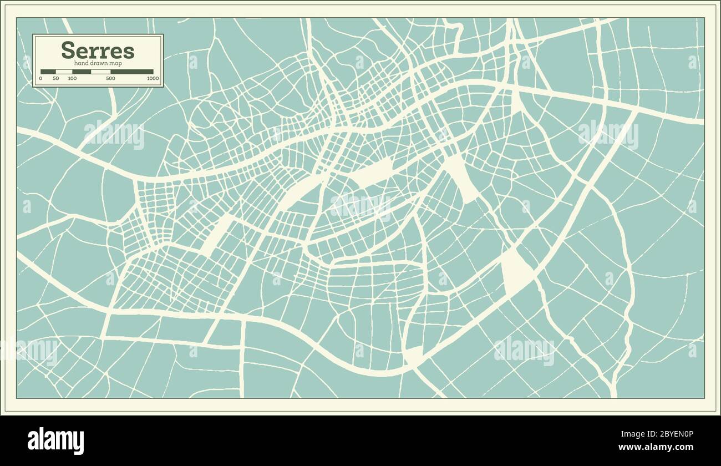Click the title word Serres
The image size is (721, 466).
pyautogui.click(x=98, y=50)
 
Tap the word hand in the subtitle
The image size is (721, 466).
pyautogui.click(x=80, y=63)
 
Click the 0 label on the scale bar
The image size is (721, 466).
pyautogui.click(x=40, y=79)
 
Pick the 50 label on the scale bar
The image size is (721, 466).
pyautogui.click(x=55, y=79)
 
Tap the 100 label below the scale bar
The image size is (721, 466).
pyautogui.click(x=72, y=79)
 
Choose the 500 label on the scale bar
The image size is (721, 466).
pyautogui.click(x=110, y=79)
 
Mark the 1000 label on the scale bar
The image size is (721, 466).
pyautogui.click(x=153, y=79)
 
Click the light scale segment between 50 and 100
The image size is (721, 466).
pyautogui.click(x=64, y=72)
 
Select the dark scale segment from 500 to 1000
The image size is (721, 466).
pyautogui.click(x=131, y=72)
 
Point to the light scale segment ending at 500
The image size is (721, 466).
pyautogui.click(x=100, y=72)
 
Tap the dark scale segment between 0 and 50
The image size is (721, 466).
pyautogui.click(x=48, y=72)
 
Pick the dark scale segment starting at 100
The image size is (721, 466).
pyautogui.click(x=82, y=72)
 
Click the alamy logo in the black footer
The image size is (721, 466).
pyautogui.click(x=55, y=441)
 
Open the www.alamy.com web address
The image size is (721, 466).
pyautogui.click(x=656, y=447)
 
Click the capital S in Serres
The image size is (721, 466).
pyautogui.click(x=68, y=50)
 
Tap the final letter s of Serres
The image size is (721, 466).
pyautogui.click(x=129, y=52)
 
